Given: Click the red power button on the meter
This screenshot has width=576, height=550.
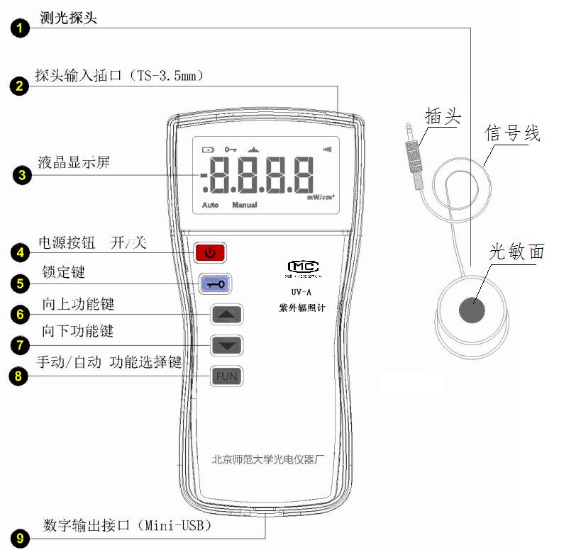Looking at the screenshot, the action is pyautogui.click(x=210, y=252).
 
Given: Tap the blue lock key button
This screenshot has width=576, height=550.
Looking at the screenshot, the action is pyautogui.click(x=215, y=284).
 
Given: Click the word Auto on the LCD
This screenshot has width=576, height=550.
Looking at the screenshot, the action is pyautogui.click(x=210, y=205).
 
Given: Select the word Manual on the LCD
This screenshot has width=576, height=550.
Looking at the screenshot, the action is pyautogui.click(x=244, y=205).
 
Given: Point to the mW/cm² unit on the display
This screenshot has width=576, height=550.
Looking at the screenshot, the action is pyautogui.click(x=321, y=198).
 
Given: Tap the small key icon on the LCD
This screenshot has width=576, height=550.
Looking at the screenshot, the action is pyautogui.click(x=231, y=150).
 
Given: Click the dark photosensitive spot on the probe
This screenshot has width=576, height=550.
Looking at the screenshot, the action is pyautogui.click(x=472, y=309).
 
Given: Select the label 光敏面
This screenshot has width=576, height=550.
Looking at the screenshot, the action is pyautogui.click(x=516, y=252).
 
